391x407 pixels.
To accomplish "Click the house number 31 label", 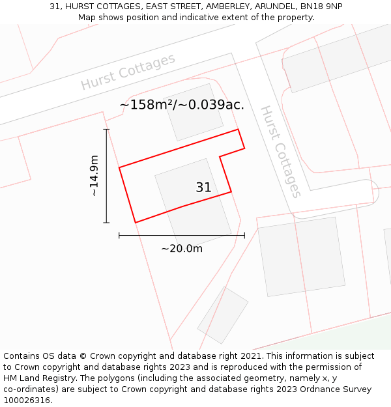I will (203, 188).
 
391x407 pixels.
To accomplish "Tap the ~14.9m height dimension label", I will (94, 176).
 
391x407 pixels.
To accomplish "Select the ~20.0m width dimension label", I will (182, 248).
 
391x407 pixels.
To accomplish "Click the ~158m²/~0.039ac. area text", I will (182, 104).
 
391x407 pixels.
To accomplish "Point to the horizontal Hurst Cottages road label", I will (128, 72).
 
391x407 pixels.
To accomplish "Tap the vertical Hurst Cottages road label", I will (281, 151).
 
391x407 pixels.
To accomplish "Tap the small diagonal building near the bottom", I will (223, 315).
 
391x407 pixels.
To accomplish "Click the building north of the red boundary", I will (193, 111).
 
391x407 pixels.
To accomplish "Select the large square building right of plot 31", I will (301, 252).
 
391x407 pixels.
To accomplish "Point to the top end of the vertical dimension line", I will (106, 129).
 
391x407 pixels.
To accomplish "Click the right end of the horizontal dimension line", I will (244, 235).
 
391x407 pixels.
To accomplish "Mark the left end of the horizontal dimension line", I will (119, 235).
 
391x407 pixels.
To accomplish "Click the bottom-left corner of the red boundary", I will (136, 223).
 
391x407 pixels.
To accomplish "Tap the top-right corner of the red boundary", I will (238, 129).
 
